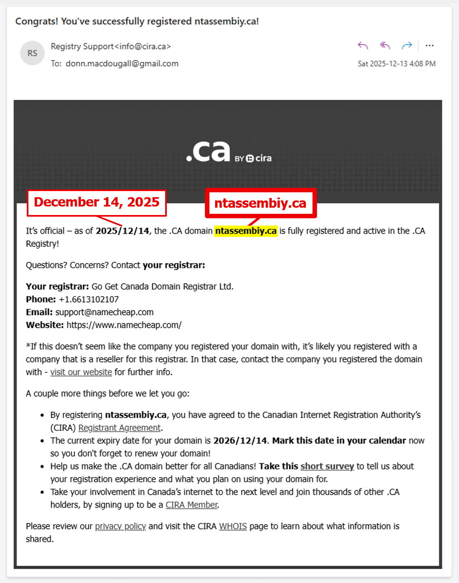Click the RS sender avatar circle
click(x=32, y=53)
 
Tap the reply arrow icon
click(x=363, y=45)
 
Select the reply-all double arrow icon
click(x=385, y=45)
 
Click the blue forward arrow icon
click(x=407, y=45)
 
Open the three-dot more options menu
click(x=429, y=45)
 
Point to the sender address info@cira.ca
click(x=143, y=46)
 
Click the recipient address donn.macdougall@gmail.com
click(x=122, y=64)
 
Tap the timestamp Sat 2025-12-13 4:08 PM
click(x=397, y=64)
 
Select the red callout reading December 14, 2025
click(x=97, y=202)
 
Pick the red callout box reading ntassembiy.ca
click(x=260, y=203)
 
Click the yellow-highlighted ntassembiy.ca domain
click(x=246, y=231)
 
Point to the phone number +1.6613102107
click(x=89, y=299)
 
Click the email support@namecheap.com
click(x=104, y=312)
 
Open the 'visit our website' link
click(x=81, y=372)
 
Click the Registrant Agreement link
click(x=119, y=428)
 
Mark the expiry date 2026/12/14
click(x=240, y=441)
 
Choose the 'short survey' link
click(x=327, y=466)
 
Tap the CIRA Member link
click(x=192, y=505)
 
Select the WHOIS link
click(x=233, y=526)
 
